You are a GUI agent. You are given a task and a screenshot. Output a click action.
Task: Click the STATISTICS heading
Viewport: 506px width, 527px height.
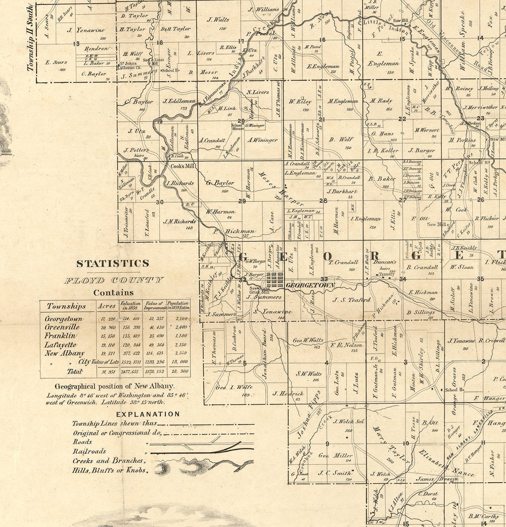(x=113, y=263)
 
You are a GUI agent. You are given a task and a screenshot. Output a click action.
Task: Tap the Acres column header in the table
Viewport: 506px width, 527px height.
(x=107, y=306)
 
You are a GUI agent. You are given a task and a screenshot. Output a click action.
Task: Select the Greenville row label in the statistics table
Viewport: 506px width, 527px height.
(x=62, y=327)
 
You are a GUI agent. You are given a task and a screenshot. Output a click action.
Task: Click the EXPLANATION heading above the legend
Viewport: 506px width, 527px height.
(x=148, y=414)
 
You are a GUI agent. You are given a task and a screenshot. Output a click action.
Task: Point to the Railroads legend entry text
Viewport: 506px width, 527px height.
(x=89, y=451)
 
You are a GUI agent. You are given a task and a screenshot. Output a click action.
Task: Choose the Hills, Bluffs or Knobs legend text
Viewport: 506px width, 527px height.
(x=110, y=470)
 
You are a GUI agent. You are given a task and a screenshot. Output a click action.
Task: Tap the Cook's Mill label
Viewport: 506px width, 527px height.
(x=183, y=166)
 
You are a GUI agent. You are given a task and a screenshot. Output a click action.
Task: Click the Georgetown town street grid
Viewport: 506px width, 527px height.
(x=274, y=280)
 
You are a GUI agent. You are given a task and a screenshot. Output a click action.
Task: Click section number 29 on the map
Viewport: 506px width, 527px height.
(x=242, y=201)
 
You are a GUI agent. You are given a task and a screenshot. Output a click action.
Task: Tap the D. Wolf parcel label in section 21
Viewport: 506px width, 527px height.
(x=341, y=139)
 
